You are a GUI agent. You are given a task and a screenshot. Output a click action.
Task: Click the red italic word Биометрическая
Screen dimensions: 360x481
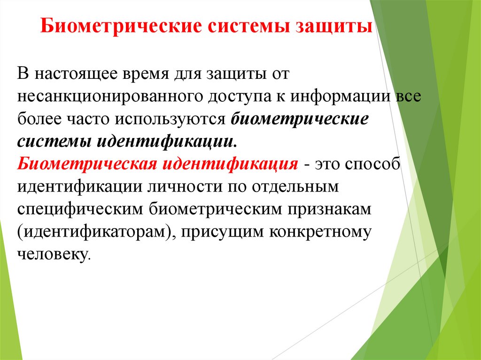pyautogui.click(x=86, y=165)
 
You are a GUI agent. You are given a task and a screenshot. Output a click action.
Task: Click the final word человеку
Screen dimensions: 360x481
pyautogui.click(x=53, y=254)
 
